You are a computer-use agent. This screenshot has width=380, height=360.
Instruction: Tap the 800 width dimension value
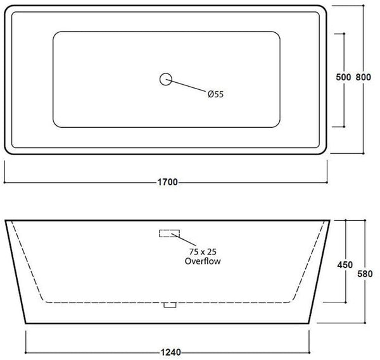tap(363, 77)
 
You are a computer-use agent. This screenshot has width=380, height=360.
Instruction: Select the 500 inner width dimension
tap(343, 77)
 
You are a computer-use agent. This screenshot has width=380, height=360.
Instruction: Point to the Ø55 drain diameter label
tap(216, 95)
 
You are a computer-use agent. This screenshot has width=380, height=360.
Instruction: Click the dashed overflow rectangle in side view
tap(168, 232)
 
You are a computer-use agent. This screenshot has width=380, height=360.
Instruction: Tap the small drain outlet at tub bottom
tap(168, 305)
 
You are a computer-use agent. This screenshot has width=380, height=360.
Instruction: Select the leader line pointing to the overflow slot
tap(186, 240)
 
